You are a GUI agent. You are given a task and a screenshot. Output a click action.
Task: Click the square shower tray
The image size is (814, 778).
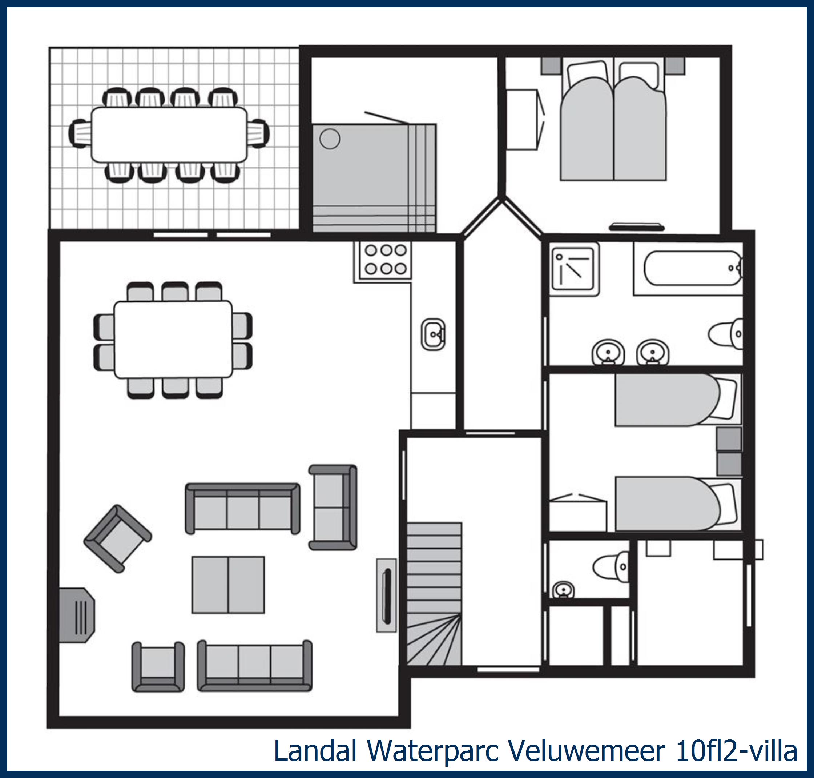click(x=575, y=269)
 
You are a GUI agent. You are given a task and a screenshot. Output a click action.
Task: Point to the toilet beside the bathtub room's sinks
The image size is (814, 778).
click(x=726, y=334)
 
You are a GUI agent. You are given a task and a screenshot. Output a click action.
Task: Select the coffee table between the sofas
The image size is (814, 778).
click(x=228, y=585)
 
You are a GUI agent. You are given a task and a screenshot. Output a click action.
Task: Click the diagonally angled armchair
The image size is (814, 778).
click(x=118, y=539)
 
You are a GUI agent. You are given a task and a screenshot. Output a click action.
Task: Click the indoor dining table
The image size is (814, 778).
click(x=173, y=340)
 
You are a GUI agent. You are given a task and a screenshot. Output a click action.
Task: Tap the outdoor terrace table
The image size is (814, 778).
click(x=169, y=135)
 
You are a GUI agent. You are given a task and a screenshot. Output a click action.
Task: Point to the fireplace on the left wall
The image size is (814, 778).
click(x=77, y=615)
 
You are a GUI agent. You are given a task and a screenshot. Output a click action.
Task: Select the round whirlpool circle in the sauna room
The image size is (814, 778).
click(x=330, y=139)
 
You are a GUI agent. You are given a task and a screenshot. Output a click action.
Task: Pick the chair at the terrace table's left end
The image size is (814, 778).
click(x=80, y=133)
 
